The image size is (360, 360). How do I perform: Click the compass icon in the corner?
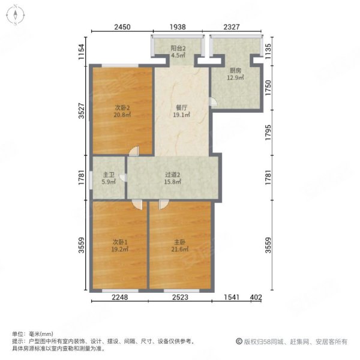pyautogui.click(x=16, y=15)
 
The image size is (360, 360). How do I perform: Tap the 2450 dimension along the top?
pyautogui.click(x=122, y=27)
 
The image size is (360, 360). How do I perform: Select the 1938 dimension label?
pyautogui.click(x=178, y=27)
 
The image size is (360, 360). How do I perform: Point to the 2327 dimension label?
pyautogui.click(x=232, y=27)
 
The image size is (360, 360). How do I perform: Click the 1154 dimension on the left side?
pyautogui.click(x=82, y=52)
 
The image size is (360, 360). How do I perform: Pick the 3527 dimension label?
pyautogui.click(x=82, y=110)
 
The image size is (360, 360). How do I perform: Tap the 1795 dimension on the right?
pyautogui.click(x=268, y=133)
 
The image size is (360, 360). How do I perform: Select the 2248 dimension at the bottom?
pyautogui.click(x=120, y=298)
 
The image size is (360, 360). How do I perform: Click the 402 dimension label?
pyautogui.click(x=256, y=298)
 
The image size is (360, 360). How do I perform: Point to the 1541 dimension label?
pyautogui.click(x=232, y=298)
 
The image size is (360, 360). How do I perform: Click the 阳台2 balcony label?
pyautogui.click(x=178, y=48)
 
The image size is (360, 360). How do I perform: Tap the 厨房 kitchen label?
pyautogui.click(x=235, y=70)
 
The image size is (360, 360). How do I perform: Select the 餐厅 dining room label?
pyautogui.click(x=181, y=107)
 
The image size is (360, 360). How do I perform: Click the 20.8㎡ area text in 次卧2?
pyautogui.click(x=122, y=115)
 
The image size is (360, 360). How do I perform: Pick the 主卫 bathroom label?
pyautogui.click(x=109, y=175)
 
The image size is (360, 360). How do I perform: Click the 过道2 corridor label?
pyautogui.click(x=172, y=175)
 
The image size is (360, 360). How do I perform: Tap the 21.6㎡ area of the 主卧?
pyautogui.click(x=180, y=249)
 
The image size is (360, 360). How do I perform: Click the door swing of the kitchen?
pyautogui.click(x=213, y=102)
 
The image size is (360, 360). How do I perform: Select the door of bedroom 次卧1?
pyautogui.click(x=137, y=204)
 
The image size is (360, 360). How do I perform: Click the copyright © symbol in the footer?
pyautogui.click(x=239, y=341)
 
